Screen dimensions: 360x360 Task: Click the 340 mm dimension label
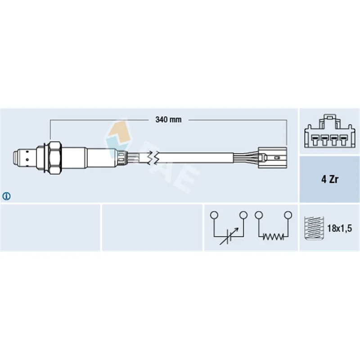168,119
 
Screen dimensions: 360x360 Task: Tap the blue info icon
6,196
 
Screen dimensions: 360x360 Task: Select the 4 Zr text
330,179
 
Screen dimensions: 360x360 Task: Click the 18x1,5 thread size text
339,228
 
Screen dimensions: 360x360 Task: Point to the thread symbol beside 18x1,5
314,228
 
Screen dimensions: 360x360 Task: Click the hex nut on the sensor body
55,157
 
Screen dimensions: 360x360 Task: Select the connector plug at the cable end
272,157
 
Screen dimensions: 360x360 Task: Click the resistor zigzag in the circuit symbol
273,237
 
